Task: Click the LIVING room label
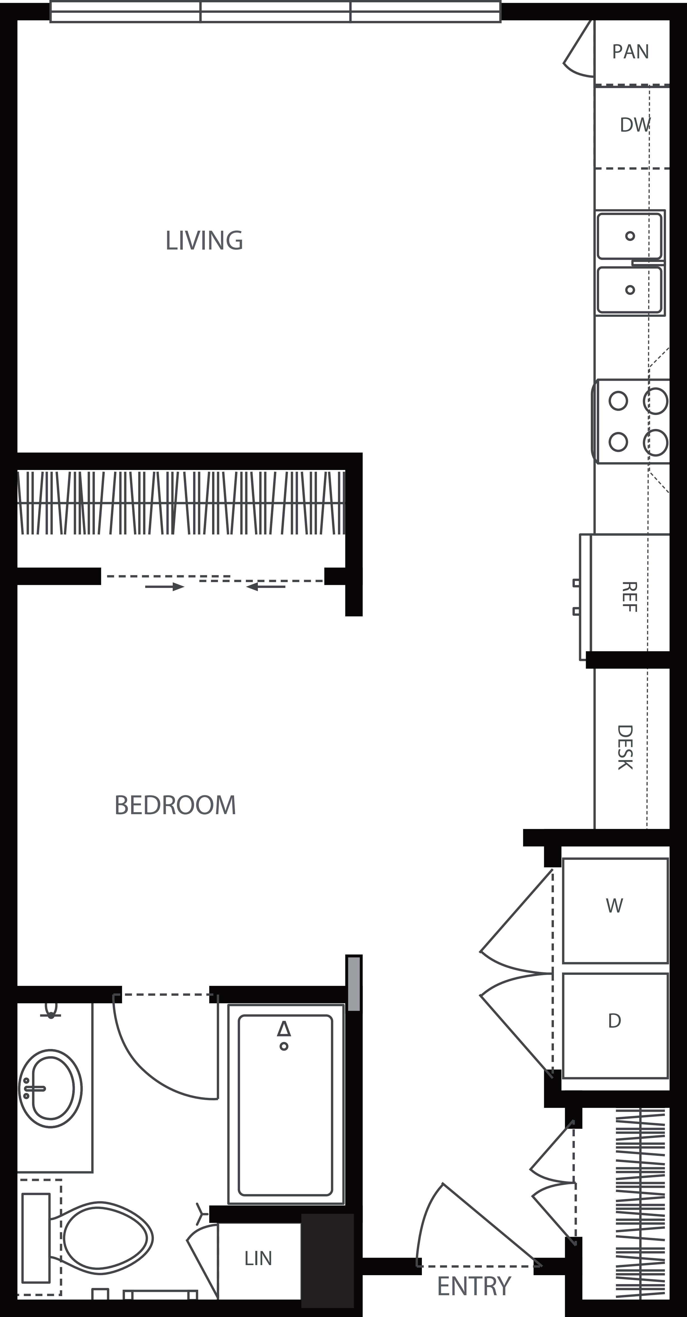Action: point(204,240)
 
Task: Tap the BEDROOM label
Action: point(175,805)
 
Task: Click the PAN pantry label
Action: point(630,52)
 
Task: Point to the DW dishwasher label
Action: point(634,125)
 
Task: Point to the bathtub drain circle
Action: point(284,1046)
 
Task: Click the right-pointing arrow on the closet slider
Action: point(164,587)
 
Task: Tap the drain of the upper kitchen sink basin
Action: point(630,236)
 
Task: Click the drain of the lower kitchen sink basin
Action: point(630,290)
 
